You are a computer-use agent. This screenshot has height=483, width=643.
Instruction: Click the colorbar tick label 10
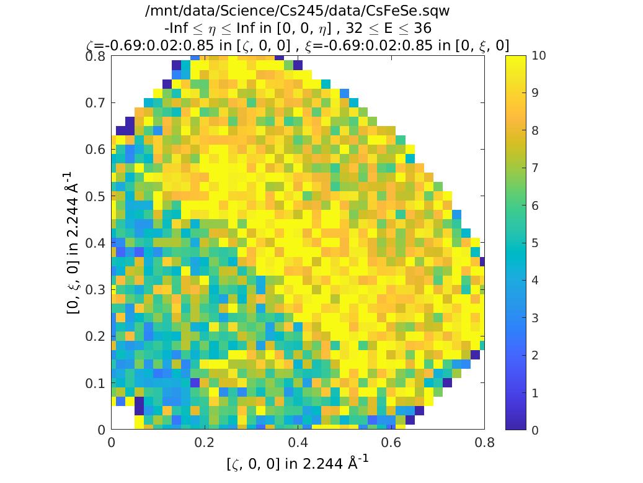tap(539, 56)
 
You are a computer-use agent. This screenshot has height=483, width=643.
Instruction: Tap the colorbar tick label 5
tap(535, 243)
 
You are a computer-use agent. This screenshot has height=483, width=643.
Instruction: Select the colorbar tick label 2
tap(535, 355)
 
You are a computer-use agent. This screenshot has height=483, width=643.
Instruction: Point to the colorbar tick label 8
tap(535, 130)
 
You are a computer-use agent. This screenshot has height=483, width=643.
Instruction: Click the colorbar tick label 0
tap(535, 430)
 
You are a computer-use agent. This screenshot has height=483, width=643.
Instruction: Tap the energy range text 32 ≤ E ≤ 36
tap(387, 29)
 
